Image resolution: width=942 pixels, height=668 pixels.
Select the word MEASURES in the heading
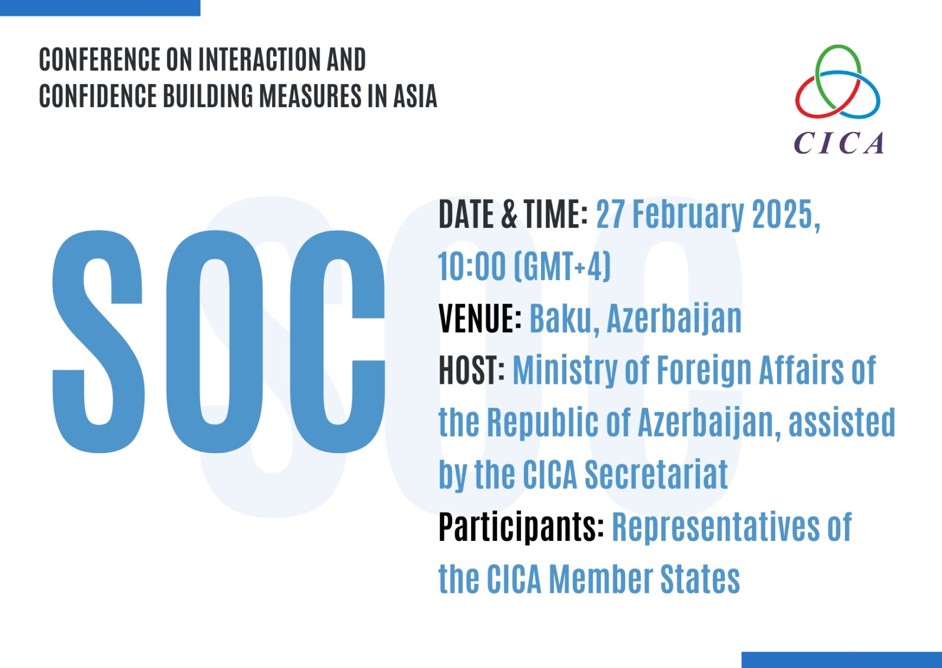310,96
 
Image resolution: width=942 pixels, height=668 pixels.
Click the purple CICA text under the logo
838,143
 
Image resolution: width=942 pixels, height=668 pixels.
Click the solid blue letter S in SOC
98,341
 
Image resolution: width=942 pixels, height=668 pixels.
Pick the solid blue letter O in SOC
214,341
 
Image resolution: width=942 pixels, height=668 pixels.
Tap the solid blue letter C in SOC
338,341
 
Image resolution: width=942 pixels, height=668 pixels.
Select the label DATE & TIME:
513,214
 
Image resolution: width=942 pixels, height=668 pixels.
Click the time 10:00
472,267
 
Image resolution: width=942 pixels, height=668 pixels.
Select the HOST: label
472,370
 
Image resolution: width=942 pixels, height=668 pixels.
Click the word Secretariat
656,474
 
